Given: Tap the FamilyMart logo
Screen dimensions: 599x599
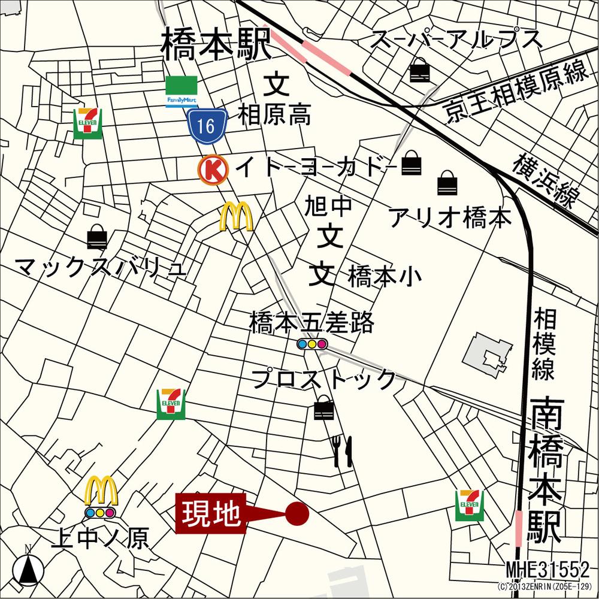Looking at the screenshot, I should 182,92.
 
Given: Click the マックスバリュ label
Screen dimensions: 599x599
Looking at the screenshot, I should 101,268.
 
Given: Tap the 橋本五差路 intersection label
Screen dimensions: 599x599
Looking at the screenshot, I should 311,323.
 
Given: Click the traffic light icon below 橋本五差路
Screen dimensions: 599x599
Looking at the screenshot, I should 312,344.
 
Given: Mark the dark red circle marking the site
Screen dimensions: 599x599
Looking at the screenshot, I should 297,513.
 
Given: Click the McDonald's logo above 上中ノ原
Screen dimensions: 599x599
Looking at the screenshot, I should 101,491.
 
